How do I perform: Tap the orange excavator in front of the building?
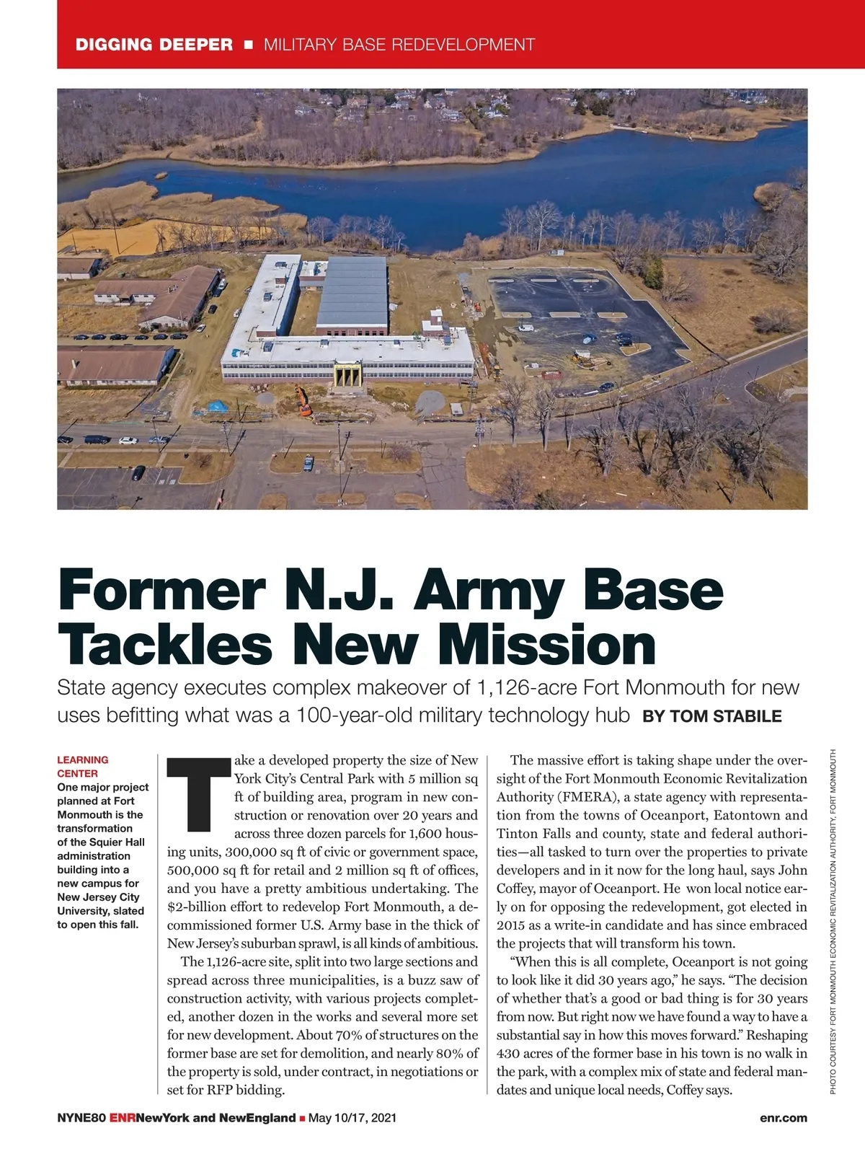(x=303, y=401)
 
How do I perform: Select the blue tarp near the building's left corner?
(x=218, y=406)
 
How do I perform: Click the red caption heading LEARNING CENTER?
(x=83, y=766)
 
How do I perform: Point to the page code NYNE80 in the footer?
(x=81, y=1118)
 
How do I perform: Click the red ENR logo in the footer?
(x=123, y=1118)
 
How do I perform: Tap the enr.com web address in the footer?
(x=784, y=1118)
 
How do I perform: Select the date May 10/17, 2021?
(x=352, y=1118)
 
